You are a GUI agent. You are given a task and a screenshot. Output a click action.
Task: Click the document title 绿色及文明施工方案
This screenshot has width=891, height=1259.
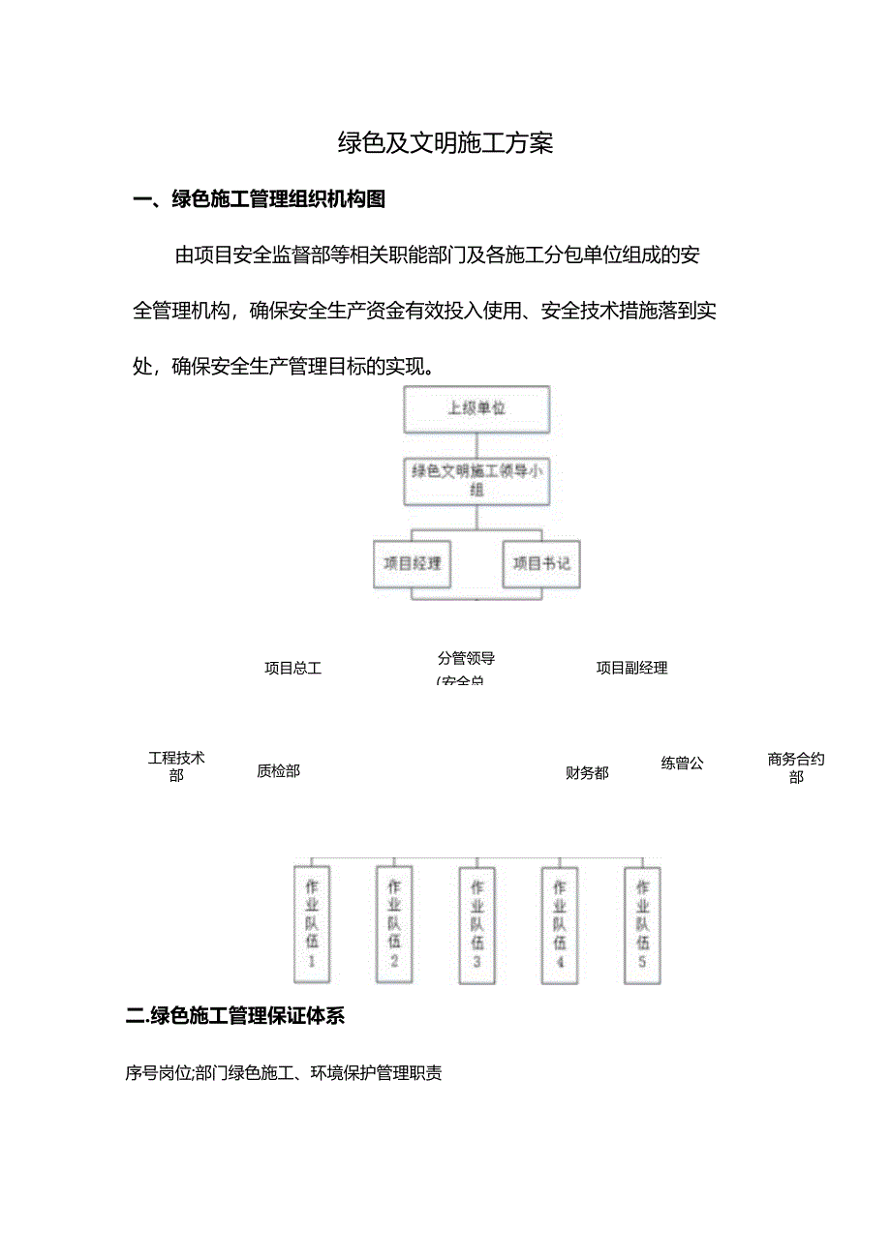pos(445,144)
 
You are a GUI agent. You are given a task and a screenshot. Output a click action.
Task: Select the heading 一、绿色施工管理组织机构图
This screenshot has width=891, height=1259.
pos(260,200)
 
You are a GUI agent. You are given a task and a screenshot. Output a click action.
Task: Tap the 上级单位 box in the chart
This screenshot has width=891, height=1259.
pos(476,409)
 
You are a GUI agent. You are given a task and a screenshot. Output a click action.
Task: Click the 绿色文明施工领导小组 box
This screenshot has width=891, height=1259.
pos(476,481)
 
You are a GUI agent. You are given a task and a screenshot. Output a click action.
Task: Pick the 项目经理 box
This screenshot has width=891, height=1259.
pos(414,563)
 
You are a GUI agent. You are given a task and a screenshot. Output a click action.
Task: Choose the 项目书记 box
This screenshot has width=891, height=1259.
pos(540,563)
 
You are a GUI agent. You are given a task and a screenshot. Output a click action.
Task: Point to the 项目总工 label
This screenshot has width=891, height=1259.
pos(292,668)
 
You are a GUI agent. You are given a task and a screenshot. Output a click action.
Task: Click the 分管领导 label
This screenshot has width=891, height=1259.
pos(466,659)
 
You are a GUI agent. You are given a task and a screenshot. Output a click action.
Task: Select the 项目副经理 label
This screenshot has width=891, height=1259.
pos(631,668)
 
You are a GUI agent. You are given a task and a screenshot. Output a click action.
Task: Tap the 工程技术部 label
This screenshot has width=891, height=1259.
pos(176,766)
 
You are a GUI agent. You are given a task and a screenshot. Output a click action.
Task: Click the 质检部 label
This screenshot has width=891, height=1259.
pos(278,771)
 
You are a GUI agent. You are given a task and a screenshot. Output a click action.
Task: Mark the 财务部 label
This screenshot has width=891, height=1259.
pos(587,773)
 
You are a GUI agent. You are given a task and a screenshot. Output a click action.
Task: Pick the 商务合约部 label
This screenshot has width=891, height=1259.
pos(796,768)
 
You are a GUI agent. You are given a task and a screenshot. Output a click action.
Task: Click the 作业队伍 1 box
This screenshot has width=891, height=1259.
pos(312,924)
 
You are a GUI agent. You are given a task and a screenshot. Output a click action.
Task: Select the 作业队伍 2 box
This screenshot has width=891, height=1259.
pos(394,924)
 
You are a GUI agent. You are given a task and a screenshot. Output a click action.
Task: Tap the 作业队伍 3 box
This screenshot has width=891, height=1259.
pos(476,924)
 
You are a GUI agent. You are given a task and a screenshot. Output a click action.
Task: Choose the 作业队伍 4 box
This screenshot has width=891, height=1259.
pos(560,924)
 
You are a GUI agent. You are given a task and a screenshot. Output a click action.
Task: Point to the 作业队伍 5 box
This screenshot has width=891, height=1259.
pos(642,924)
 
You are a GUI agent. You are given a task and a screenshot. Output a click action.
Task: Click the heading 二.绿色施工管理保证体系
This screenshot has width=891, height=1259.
pos(235,1016)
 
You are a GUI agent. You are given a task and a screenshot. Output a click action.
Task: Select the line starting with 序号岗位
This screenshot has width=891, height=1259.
pos(284,1073)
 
